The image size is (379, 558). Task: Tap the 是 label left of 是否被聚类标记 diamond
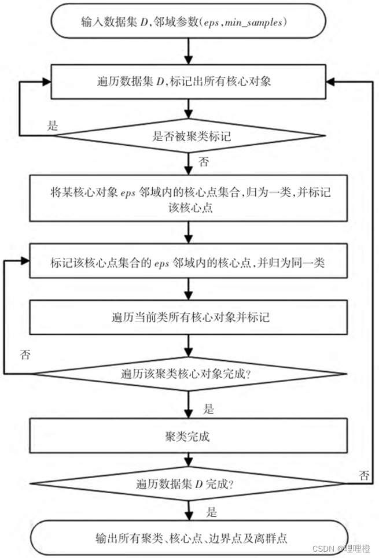(53, 126)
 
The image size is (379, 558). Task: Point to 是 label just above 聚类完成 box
(209, 409)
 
